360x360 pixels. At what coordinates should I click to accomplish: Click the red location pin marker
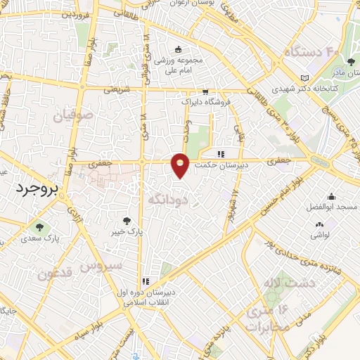[181, 165]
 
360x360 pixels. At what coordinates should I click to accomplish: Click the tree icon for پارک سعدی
[38, 226]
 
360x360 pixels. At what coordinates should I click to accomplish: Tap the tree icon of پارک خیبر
[127, 221]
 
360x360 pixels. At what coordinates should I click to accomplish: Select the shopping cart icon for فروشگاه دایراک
[205, 91]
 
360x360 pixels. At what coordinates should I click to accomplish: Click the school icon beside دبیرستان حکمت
[221, 154]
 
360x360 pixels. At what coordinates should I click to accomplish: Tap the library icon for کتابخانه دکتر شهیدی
[304, 78]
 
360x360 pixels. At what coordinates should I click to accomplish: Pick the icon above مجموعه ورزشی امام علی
[178, 49]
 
